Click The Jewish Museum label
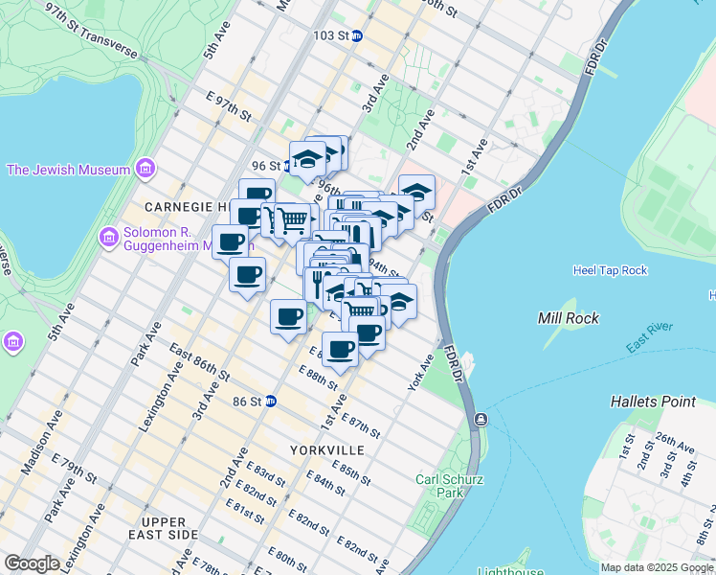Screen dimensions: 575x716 tap(68, 171)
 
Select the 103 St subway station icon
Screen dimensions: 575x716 tap(356, 35)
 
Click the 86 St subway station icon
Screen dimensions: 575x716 tap(271, 401)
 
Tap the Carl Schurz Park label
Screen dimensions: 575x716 tap(440, 486)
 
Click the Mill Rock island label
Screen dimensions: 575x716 tap(568, 318)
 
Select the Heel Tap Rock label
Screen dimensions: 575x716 tap(611, 271)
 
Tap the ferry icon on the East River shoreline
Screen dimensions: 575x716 tap(480, 420)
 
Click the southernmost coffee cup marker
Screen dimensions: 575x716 tap(340, 350)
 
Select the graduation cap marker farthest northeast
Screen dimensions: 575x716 tap(416, 192)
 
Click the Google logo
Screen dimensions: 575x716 tap(33, 563)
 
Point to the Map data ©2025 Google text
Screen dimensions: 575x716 tap(657, 567)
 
